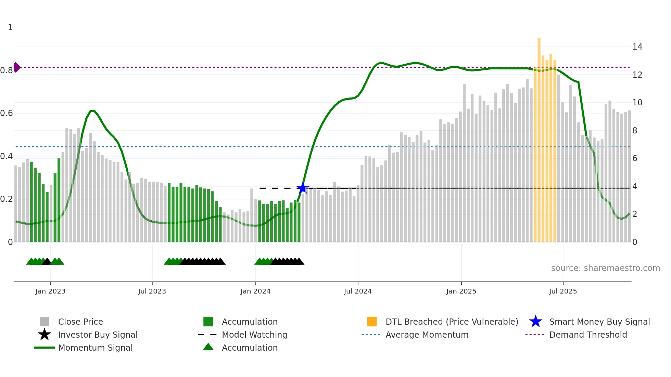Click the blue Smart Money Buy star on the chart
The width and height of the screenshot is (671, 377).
303,188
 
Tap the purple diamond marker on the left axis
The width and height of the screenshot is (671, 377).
16,67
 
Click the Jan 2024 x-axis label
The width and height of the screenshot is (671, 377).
255,291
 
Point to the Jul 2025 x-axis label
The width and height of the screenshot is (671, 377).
563,291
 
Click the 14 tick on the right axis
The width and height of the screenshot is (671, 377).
637,47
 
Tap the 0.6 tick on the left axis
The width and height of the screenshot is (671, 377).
7,113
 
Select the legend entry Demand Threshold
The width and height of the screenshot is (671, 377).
588,335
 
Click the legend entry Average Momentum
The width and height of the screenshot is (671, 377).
427,335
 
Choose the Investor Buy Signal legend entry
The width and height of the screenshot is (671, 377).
98,335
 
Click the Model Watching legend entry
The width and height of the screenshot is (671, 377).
254,335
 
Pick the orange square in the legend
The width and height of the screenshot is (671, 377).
372,322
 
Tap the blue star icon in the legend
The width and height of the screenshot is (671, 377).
535,322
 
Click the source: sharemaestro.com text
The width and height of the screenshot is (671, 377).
605,268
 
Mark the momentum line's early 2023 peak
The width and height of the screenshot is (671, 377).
92,111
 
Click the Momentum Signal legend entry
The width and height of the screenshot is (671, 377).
95,348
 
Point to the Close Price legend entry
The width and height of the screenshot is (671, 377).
80,322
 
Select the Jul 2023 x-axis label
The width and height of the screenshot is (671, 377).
152,291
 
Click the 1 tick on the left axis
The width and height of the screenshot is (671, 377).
10,27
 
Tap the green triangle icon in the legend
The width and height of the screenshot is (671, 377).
208,347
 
